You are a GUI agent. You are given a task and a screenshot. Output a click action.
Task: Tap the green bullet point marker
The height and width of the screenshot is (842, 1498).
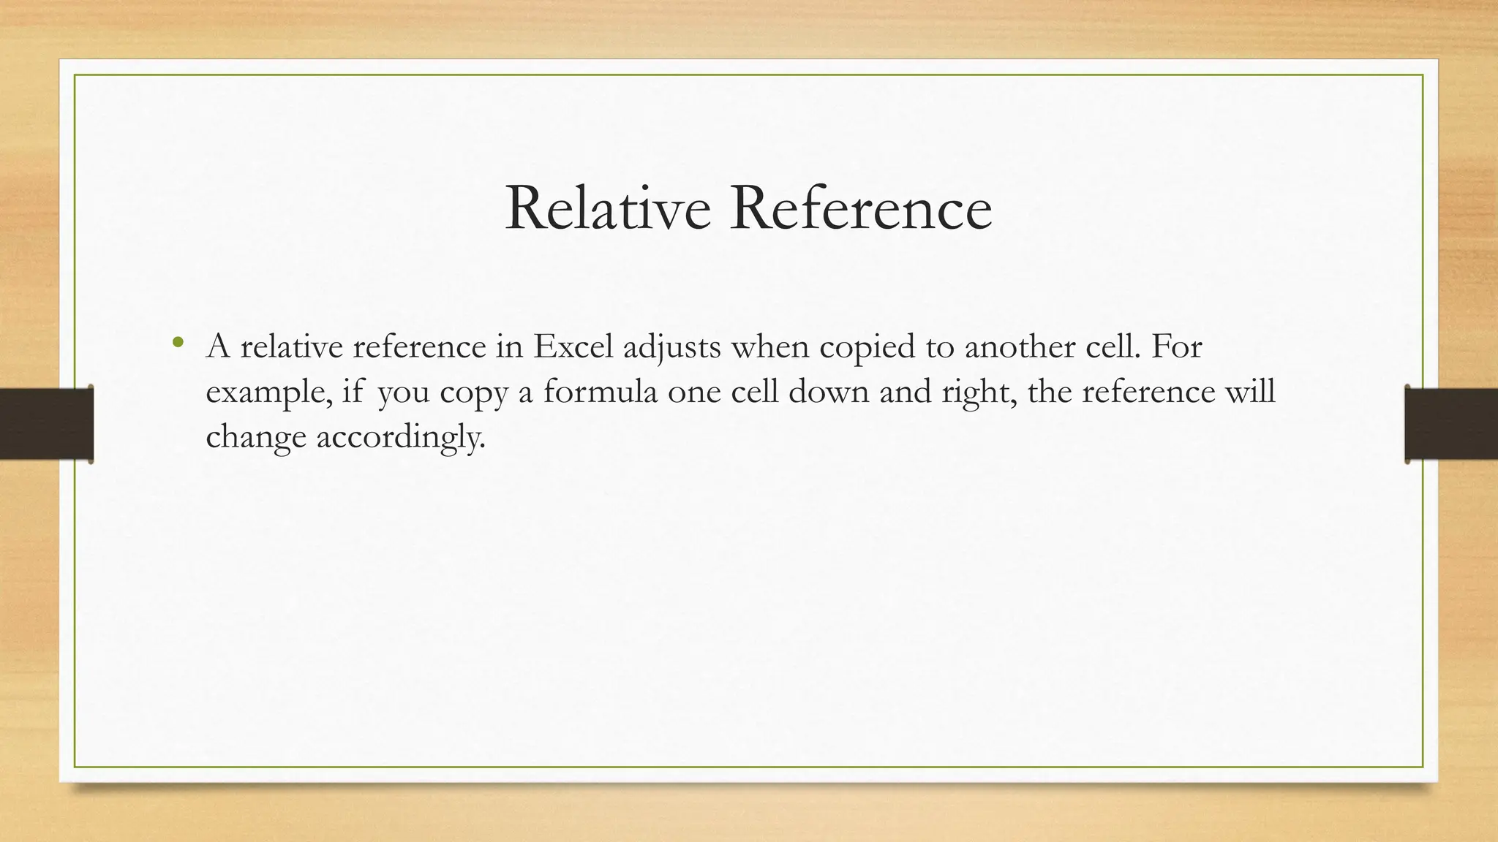177,342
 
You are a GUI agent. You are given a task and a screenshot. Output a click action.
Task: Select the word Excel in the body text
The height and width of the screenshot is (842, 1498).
573,346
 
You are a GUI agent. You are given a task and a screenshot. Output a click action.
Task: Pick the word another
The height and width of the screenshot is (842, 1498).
1020,346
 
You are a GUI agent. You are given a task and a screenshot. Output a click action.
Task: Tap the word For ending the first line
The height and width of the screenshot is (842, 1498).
1176,346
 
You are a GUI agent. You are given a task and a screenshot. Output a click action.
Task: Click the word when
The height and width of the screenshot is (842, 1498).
769,346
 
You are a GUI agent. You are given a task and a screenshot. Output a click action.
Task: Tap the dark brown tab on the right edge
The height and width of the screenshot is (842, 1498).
1451,424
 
